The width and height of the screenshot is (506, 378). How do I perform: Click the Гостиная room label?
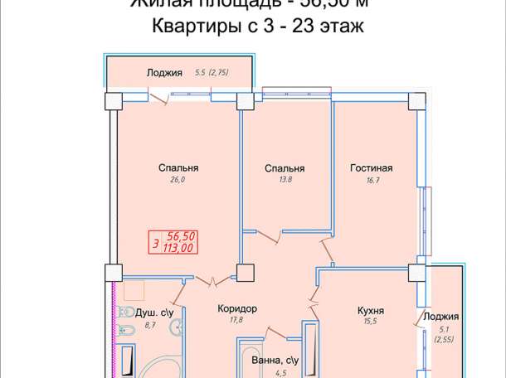tap(365, 168)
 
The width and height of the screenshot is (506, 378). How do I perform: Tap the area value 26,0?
tap(178, 178)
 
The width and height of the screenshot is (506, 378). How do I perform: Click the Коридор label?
tap(236, 308)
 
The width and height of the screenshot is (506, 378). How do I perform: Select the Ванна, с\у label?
tap(274, 361)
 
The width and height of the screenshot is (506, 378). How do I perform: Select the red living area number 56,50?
tap(179, 236)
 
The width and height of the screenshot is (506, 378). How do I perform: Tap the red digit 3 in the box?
tap(156, 243)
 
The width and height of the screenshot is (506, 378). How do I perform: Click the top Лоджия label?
tap(164, 72)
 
